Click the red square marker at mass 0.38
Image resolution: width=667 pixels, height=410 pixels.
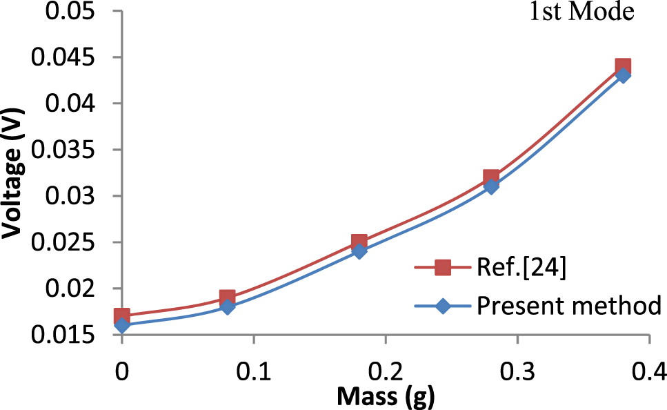click(x=623, y=67)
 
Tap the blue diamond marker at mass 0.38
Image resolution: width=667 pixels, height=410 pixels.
click(x=623, y=75)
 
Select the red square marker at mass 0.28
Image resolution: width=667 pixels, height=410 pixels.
click(x=491, y=177)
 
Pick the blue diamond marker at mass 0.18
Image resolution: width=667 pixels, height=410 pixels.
click(x=359, y=251)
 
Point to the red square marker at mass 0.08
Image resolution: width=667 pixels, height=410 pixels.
click(x=228, y=297)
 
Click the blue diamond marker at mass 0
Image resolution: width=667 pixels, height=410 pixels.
click(x=122, y=325)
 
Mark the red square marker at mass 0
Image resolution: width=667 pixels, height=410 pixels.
click(x=122, y=316)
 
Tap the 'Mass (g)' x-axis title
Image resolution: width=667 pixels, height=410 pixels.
click(x=386, y=397)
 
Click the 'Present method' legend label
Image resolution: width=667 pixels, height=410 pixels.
click(x=569, y=305)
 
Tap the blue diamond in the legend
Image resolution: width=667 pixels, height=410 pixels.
click(x=442, y=306)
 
